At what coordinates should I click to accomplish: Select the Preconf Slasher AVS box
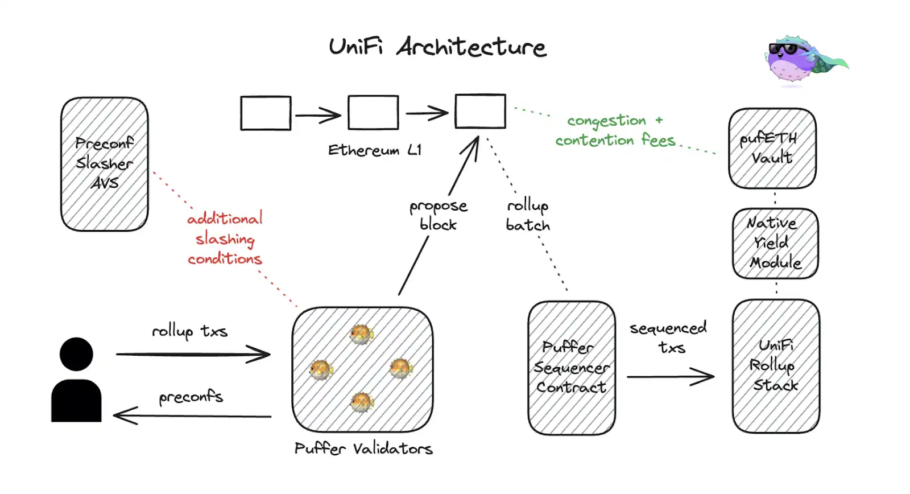pos(105,164)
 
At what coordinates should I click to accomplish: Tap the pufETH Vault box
pos(772,149)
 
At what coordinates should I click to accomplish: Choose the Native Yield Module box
pos(775,244)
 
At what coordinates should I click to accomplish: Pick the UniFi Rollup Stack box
pos(776,366)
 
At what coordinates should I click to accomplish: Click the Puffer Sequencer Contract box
pos(572,368)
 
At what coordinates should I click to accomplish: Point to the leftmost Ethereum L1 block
pos(266,113)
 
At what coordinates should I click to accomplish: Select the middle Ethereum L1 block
pos(373,113)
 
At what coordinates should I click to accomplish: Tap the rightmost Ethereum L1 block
pos(480,111)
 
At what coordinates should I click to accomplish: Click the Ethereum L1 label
pos(375,150)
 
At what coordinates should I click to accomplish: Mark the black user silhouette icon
pos(76,380)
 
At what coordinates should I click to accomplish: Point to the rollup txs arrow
pos(193,355)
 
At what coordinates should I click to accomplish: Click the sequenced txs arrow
pos(671,376)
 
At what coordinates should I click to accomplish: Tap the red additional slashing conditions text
pos(225,238)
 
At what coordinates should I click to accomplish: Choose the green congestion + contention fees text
pos(615,131)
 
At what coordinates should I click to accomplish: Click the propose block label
pos(439,215)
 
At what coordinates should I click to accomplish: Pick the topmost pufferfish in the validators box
pos(361,334)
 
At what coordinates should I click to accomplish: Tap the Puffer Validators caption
pos(363,448)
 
